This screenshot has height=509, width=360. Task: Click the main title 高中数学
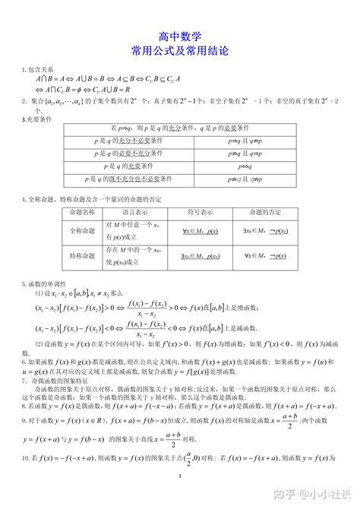pyautogui.click(x=180, y=36)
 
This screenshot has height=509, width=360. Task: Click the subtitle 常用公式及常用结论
pyautogui.click(x=180, y=51)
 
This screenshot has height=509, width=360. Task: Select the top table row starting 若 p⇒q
pyautogui.click(x=180, y=129)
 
